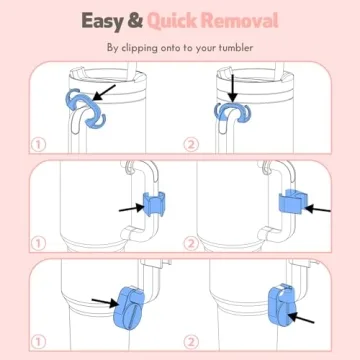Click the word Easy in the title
(103, 22)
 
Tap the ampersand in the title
(135, 21)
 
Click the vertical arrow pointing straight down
(233, 88)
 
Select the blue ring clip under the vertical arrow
(232, 112)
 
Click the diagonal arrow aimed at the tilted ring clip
(104, 92)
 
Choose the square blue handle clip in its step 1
(154, 204)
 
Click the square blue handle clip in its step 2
(293, 203)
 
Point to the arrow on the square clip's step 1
(132, 209)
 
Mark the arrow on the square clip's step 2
(317, 209)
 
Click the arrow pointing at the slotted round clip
(105, 302)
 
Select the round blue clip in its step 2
(283, 305)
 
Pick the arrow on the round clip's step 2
(301, 318)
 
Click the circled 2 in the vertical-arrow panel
(191, 144)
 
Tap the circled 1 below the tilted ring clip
(38, 144)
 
